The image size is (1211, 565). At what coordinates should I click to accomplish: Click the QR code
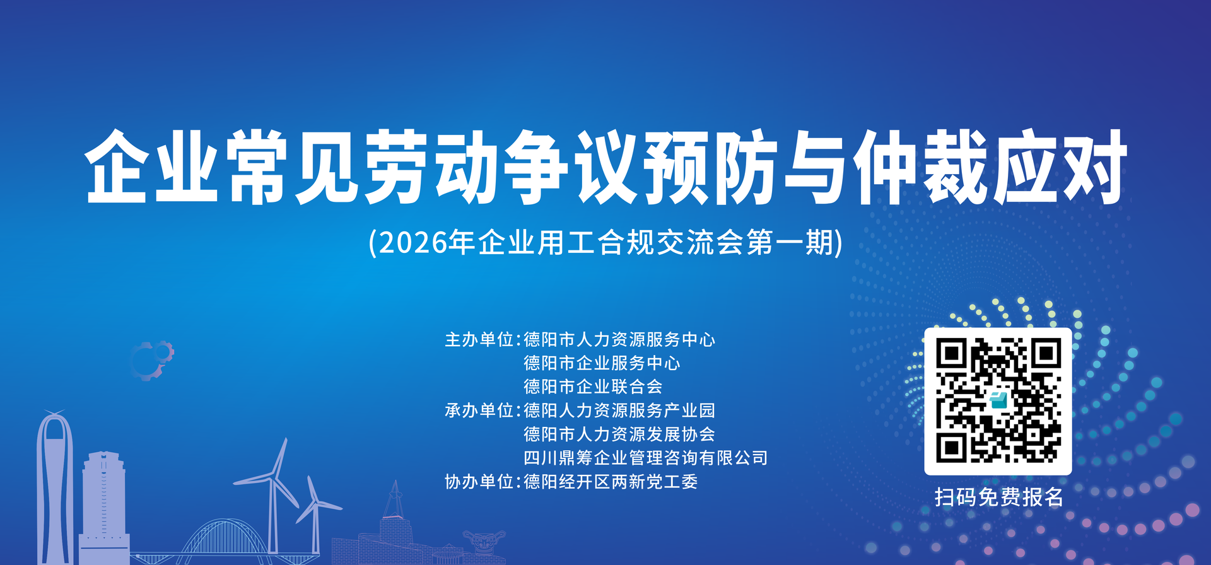[998, 401]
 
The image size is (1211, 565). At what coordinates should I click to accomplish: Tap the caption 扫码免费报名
[998, 497]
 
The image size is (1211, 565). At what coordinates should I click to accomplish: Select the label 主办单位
[479, 340]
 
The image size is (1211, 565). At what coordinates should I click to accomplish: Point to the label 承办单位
[479, 411]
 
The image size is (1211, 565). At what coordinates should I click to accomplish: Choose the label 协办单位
[479, 482]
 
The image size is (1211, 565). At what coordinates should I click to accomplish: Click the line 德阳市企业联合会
[593, 387]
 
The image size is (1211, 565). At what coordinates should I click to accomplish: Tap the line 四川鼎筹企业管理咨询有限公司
[645, 458]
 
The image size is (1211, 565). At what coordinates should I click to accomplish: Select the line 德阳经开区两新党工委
[611, 482]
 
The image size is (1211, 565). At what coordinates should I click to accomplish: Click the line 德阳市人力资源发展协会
[619, 434]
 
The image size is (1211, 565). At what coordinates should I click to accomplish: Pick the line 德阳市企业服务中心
[602, 363]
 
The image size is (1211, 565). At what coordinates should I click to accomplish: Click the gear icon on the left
[151, 360]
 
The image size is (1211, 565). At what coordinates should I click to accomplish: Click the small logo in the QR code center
[998, 400]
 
